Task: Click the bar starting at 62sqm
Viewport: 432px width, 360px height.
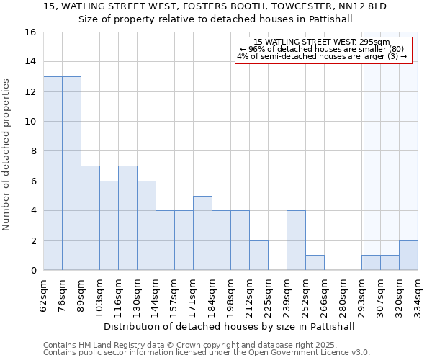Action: [53, 174]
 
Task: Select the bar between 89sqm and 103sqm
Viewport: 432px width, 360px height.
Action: [90, 218]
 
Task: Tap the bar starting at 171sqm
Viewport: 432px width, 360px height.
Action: [202, 233]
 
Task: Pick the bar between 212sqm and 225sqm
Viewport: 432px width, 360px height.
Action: [258, 256]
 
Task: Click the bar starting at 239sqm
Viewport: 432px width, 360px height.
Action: [296, 240]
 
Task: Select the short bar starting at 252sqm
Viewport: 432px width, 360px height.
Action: [315, 263]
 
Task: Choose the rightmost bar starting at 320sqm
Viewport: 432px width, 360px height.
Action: [408, 256]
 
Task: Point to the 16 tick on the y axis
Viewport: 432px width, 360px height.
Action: [30, 32]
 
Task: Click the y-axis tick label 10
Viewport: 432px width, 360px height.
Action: [30, 122]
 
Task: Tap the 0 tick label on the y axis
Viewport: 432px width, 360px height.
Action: [33, 271]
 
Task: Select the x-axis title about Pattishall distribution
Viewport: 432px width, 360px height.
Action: [229, 326]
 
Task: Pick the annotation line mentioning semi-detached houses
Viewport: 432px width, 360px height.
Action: [322, 56]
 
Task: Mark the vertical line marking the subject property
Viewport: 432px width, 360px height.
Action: [364, 166]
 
